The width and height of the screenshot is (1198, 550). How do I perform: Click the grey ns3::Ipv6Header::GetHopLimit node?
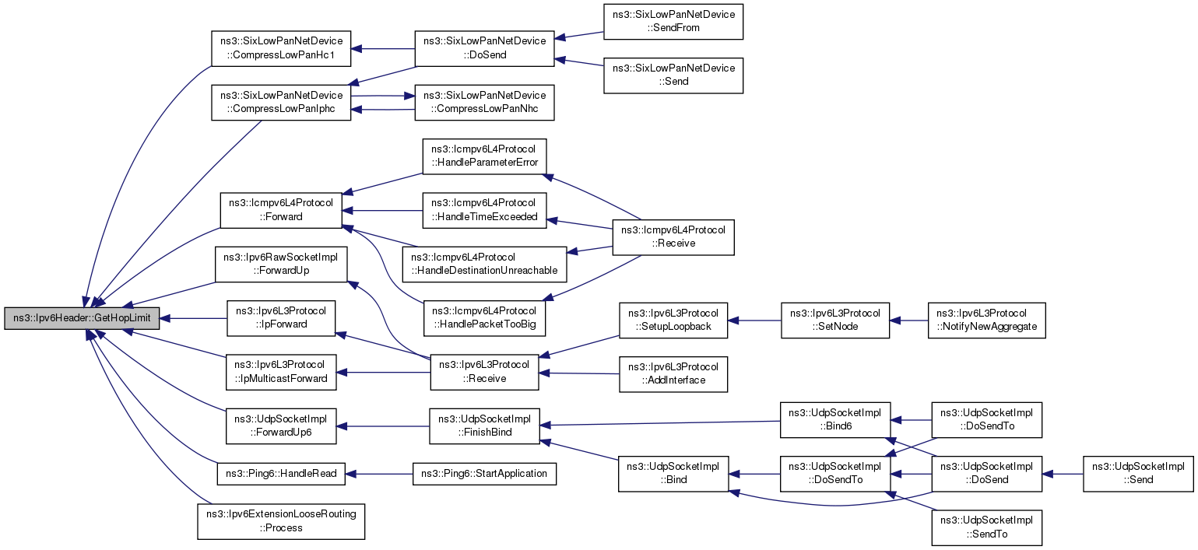click(x=82, y=318)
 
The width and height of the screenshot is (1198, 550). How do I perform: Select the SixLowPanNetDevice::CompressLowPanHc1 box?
click(x=281, y=49)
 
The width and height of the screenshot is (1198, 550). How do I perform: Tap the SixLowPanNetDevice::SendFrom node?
click(x=673, y=21)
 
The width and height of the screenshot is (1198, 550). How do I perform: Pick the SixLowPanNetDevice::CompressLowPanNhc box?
click(x=484, y=103)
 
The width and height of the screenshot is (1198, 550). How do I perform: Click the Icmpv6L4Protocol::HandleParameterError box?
click(x=484, y=156)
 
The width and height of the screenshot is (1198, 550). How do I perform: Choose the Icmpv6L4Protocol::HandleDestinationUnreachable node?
click(x=484, y=264)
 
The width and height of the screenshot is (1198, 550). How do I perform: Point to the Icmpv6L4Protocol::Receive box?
click(x=673, y=237)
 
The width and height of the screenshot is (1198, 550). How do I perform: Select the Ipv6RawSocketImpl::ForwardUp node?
click(x=281, y=264)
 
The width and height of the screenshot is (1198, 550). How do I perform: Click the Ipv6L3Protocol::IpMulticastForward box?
click(x=281, y=373)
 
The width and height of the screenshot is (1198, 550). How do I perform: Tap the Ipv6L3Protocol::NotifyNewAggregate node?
click(x=987, y=321)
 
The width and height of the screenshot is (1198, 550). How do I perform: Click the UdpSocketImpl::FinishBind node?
click(x=484, y=426)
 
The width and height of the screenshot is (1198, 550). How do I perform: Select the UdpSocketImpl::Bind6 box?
click(x=835, y=420)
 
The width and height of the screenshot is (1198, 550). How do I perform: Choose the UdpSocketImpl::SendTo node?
click(x=987, y=528)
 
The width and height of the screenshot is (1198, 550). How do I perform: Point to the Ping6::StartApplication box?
click(x=484, y=474)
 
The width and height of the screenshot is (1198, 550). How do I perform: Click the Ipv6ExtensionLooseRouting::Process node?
click(x=281, y=522)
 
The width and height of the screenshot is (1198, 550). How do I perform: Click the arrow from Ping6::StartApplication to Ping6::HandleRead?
click(x=379, y=474)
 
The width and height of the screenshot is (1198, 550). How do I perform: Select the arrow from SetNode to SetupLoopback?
click(x=754, y=321)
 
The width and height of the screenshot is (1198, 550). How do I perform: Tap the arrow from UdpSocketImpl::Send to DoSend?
click(x=1063, y=474)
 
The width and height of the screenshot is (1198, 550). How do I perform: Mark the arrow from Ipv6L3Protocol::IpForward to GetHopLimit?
click(x=194, y=318)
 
